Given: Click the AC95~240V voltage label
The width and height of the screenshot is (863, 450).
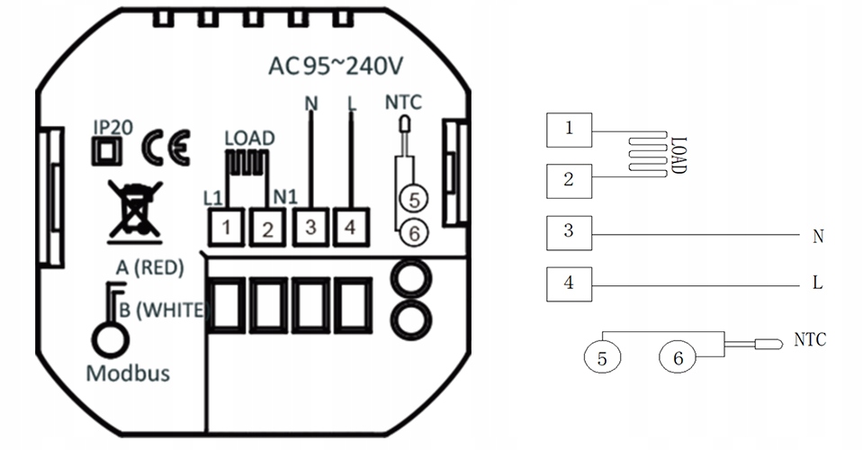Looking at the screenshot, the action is [336, 66].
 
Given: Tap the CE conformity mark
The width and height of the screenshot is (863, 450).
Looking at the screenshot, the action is [166, 148].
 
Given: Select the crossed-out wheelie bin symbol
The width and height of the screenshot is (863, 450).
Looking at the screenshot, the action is [135, 211].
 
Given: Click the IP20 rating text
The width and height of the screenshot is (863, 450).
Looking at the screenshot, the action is [113, 127].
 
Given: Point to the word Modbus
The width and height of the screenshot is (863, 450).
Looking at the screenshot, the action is [129, 373].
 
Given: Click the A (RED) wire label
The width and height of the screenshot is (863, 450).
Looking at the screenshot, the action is [149, 267].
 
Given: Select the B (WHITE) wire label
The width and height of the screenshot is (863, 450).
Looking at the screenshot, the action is [164, 310].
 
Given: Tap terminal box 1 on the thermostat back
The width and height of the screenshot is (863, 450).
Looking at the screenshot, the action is [226, 227].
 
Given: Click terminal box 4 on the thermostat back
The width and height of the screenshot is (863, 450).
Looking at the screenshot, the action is [351, 227].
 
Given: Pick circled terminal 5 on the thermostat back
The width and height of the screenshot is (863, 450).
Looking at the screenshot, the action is [415, 199].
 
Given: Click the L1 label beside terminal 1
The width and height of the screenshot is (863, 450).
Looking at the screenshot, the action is [213, 197].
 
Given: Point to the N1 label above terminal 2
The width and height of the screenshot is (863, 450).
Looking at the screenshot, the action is [285, 196].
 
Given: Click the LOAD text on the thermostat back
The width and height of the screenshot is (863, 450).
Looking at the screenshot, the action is [249, 138].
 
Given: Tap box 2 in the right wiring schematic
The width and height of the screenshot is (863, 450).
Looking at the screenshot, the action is [569, 181].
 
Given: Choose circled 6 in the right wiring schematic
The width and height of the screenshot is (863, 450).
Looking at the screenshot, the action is [678, 357].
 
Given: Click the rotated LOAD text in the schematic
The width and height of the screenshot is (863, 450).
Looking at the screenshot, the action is [679, 156].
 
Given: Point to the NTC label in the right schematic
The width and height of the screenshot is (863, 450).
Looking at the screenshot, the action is [810, 339].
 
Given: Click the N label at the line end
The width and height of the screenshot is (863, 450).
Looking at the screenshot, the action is [818, 237].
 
